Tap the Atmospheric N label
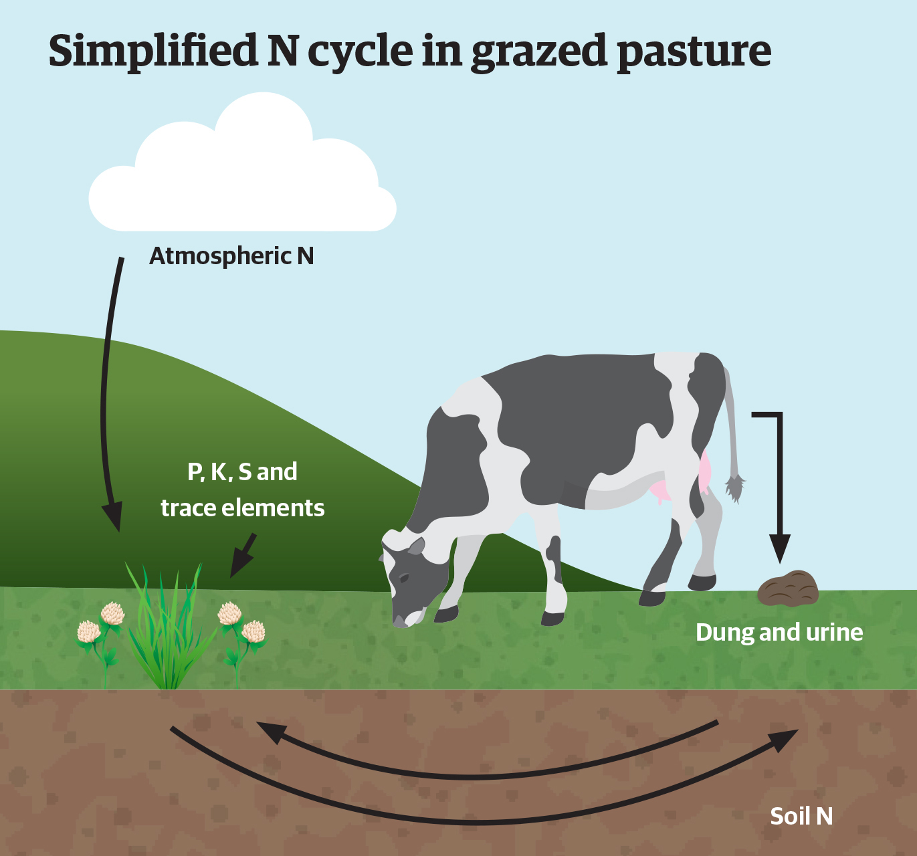[x=231, y=255]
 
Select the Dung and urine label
[x=779, y=633]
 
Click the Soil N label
[x=801, y=817]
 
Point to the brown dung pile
[x=788, y=588]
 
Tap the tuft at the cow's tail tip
[x=734, y=488]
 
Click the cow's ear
[x=416, y=546]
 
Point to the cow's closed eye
[x=403, y=578]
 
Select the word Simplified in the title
[x=152, y=51]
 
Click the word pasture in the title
[x=694, y=51]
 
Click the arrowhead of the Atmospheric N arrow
[x=112, y=516]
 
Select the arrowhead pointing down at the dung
[x=780, y=548]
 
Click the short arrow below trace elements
[x=243, y=556]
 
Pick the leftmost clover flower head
[x=89, y=632]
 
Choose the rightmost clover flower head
[x=253, y=632]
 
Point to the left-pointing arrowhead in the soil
[x=272, y=732]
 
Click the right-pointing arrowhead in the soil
[x=783, y=740]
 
